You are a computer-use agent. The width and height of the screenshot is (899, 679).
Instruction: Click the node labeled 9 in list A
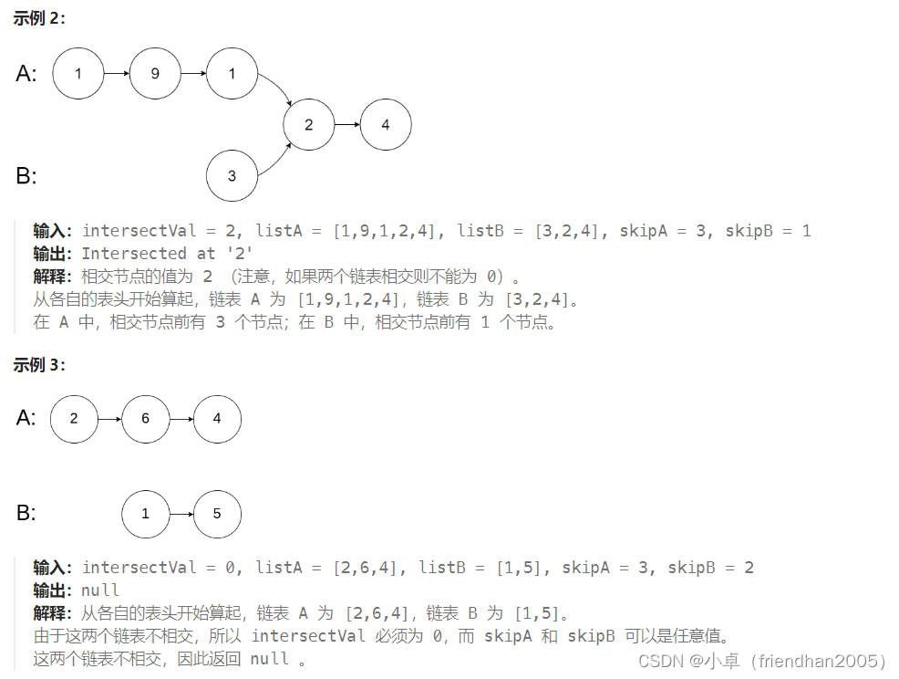click(155, 73)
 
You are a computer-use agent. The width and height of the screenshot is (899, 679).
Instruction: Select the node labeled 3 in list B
click(232, 175)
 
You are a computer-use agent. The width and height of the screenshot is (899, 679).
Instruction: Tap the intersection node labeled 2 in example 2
click(309, 124)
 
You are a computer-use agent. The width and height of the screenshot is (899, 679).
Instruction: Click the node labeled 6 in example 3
click(145, 419)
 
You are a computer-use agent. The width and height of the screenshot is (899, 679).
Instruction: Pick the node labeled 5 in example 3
click(217, 514)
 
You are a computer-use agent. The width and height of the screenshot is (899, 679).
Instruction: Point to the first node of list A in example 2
click(78, 73)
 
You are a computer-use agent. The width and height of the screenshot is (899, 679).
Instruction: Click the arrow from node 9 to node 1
click(193, 73)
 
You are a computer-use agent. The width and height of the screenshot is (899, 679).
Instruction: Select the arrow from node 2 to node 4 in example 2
click(347, 124)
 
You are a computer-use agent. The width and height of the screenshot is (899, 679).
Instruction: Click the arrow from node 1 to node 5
click(181, 514)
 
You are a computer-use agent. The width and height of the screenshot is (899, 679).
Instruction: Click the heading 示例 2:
click(39, 19)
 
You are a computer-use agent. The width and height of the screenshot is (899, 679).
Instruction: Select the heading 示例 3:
click(39, 365)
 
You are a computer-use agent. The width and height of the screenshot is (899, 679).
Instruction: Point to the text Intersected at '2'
click(167, 254)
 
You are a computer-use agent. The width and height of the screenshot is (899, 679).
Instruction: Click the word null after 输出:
click(100, 590)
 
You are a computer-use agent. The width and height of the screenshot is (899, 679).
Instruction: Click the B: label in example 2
click(26, 175)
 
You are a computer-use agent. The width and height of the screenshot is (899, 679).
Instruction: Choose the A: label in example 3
click(26, 418)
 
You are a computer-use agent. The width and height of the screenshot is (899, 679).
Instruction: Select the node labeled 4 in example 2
click(386, 124)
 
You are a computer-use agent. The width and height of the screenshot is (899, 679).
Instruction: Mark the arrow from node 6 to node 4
click(181, 419)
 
